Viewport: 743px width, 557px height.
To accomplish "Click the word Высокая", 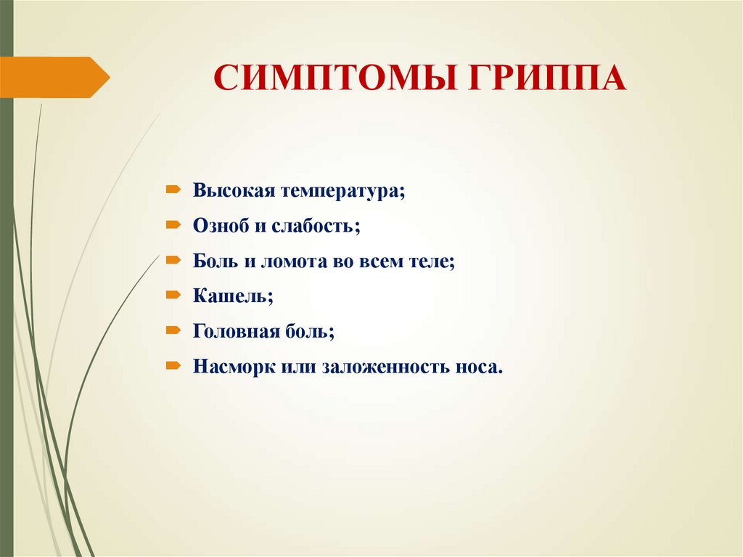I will (233, 191).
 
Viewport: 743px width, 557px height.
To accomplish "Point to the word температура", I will (343, 192).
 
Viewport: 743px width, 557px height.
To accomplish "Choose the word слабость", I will (316, 226).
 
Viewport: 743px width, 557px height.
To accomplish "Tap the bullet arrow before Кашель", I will (173, 295).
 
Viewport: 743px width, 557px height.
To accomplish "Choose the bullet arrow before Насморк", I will (173, 365).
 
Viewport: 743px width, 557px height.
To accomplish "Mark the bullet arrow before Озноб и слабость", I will (173, 225).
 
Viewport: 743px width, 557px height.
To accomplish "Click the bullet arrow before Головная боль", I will (173, 330).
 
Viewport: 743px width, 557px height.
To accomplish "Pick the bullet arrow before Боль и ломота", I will (173, 260).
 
